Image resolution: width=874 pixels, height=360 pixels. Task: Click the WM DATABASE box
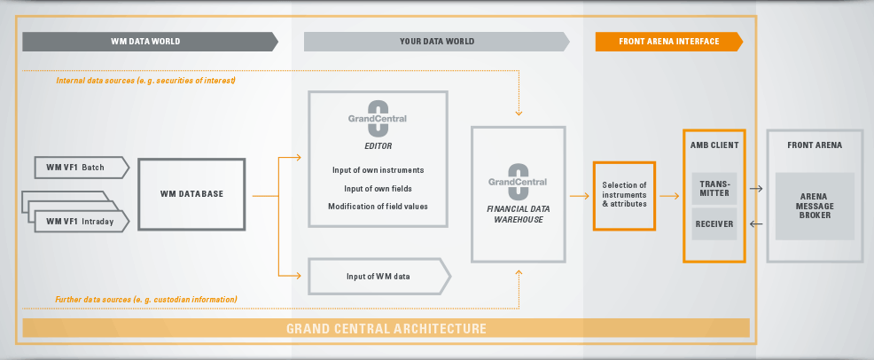click(191, 194)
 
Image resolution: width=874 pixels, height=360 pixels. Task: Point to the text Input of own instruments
click(378, 169)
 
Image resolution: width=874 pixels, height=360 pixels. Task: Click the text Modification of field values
click(378, 206)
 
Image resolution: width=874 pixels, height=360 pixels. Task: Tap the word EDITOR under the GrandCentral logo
click(378, 145)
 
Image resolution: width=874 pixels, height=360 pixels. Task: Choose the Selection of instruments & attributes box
click(624, 194)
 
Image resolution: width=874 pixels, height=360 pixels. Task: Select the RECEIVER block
click(714, 224)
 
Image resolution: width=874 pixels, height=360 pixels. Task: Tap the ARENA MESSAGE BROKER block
click(815, 206)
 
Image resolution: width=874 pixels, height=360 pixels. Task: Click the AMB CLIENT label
click(714, 145)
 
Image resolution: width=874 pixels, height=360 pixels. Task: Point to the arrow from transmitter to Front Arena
click(756, 188)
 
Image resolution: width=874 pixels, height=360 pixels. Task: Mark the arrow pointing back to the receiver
click(756, 224)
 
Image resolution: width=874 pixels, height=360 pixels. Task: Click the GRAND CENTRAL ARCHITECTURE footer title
click(386, 329)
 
